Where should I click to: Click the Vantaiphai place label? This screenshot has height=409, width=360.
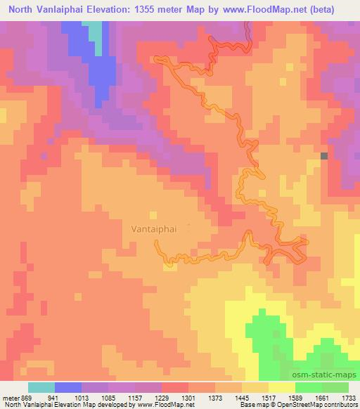click(x=155, y=228)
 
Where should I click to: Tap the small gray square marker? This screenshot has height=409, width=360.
click(x=324, y=156)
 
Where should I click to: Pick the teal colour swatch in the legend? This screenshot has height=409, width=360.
click(x=41, y=387)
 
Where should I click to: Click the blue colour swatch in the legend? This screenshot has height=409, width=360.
click(x=68, y=387)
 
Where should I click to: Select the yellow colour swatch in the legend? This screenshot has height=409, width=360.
click(x=282, y=387)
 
